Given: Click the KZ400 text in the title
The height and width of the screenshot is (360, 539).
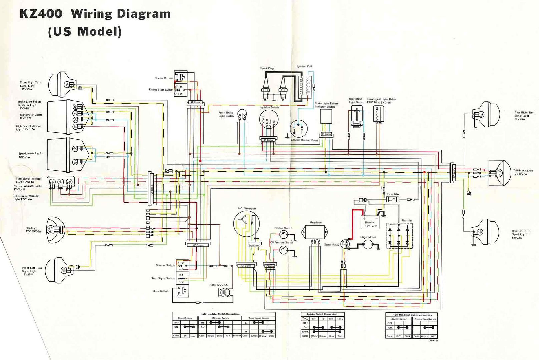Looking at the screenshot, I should (40, 14).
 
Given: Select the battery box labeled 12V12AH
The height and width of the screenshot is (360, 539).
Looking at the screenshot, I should (369, 222).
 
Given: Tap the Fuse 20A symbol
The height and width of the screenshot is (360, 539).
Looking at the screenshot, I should (393, 199).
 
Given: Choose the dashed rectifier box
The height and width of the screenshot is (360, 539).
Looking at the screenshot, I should (399, 236).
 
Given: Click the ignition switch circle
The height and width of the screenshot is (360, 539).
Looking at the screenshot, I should (268, 122).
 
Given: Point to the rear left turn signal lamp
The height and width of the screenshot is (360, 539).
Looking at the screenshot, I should (485, 231).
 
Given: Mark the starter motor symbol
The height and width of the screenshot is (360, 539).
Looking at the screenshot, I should (368, 245).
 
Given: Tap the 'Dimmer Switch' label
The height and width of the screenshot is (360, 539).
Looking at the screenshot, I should (165, 265).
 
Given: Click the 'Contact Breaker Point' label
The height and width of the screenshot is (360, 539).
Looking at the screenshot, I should (304, 140).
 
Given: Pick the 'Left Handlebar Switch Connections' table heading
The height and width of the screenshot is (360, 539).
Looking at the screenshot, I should (220, 314).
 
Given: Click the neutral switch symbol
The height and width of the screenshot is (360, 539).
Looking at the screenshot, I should (283, 234).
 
